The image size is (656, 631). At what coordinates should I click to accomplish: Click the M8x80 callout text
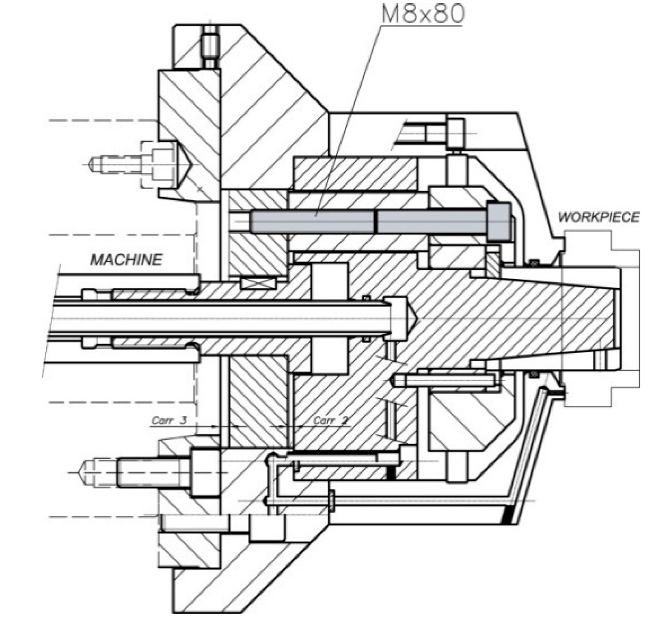(x=422, y=14)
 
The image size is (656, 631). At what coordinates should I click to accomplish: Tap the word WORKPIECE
(x=598, y=217)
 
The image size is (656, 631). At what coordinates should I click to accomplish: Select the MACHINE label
(x=126, y=260)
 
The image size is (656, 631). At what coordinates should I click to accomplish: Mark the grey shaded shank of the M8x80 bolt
(x=314, y=221)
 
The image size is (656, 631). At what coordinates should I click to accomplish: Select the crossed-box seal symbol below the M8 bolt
(x=258, y=284)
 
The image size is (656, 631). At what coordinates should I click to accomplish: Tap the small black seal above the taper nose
(x=534, y=262)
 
